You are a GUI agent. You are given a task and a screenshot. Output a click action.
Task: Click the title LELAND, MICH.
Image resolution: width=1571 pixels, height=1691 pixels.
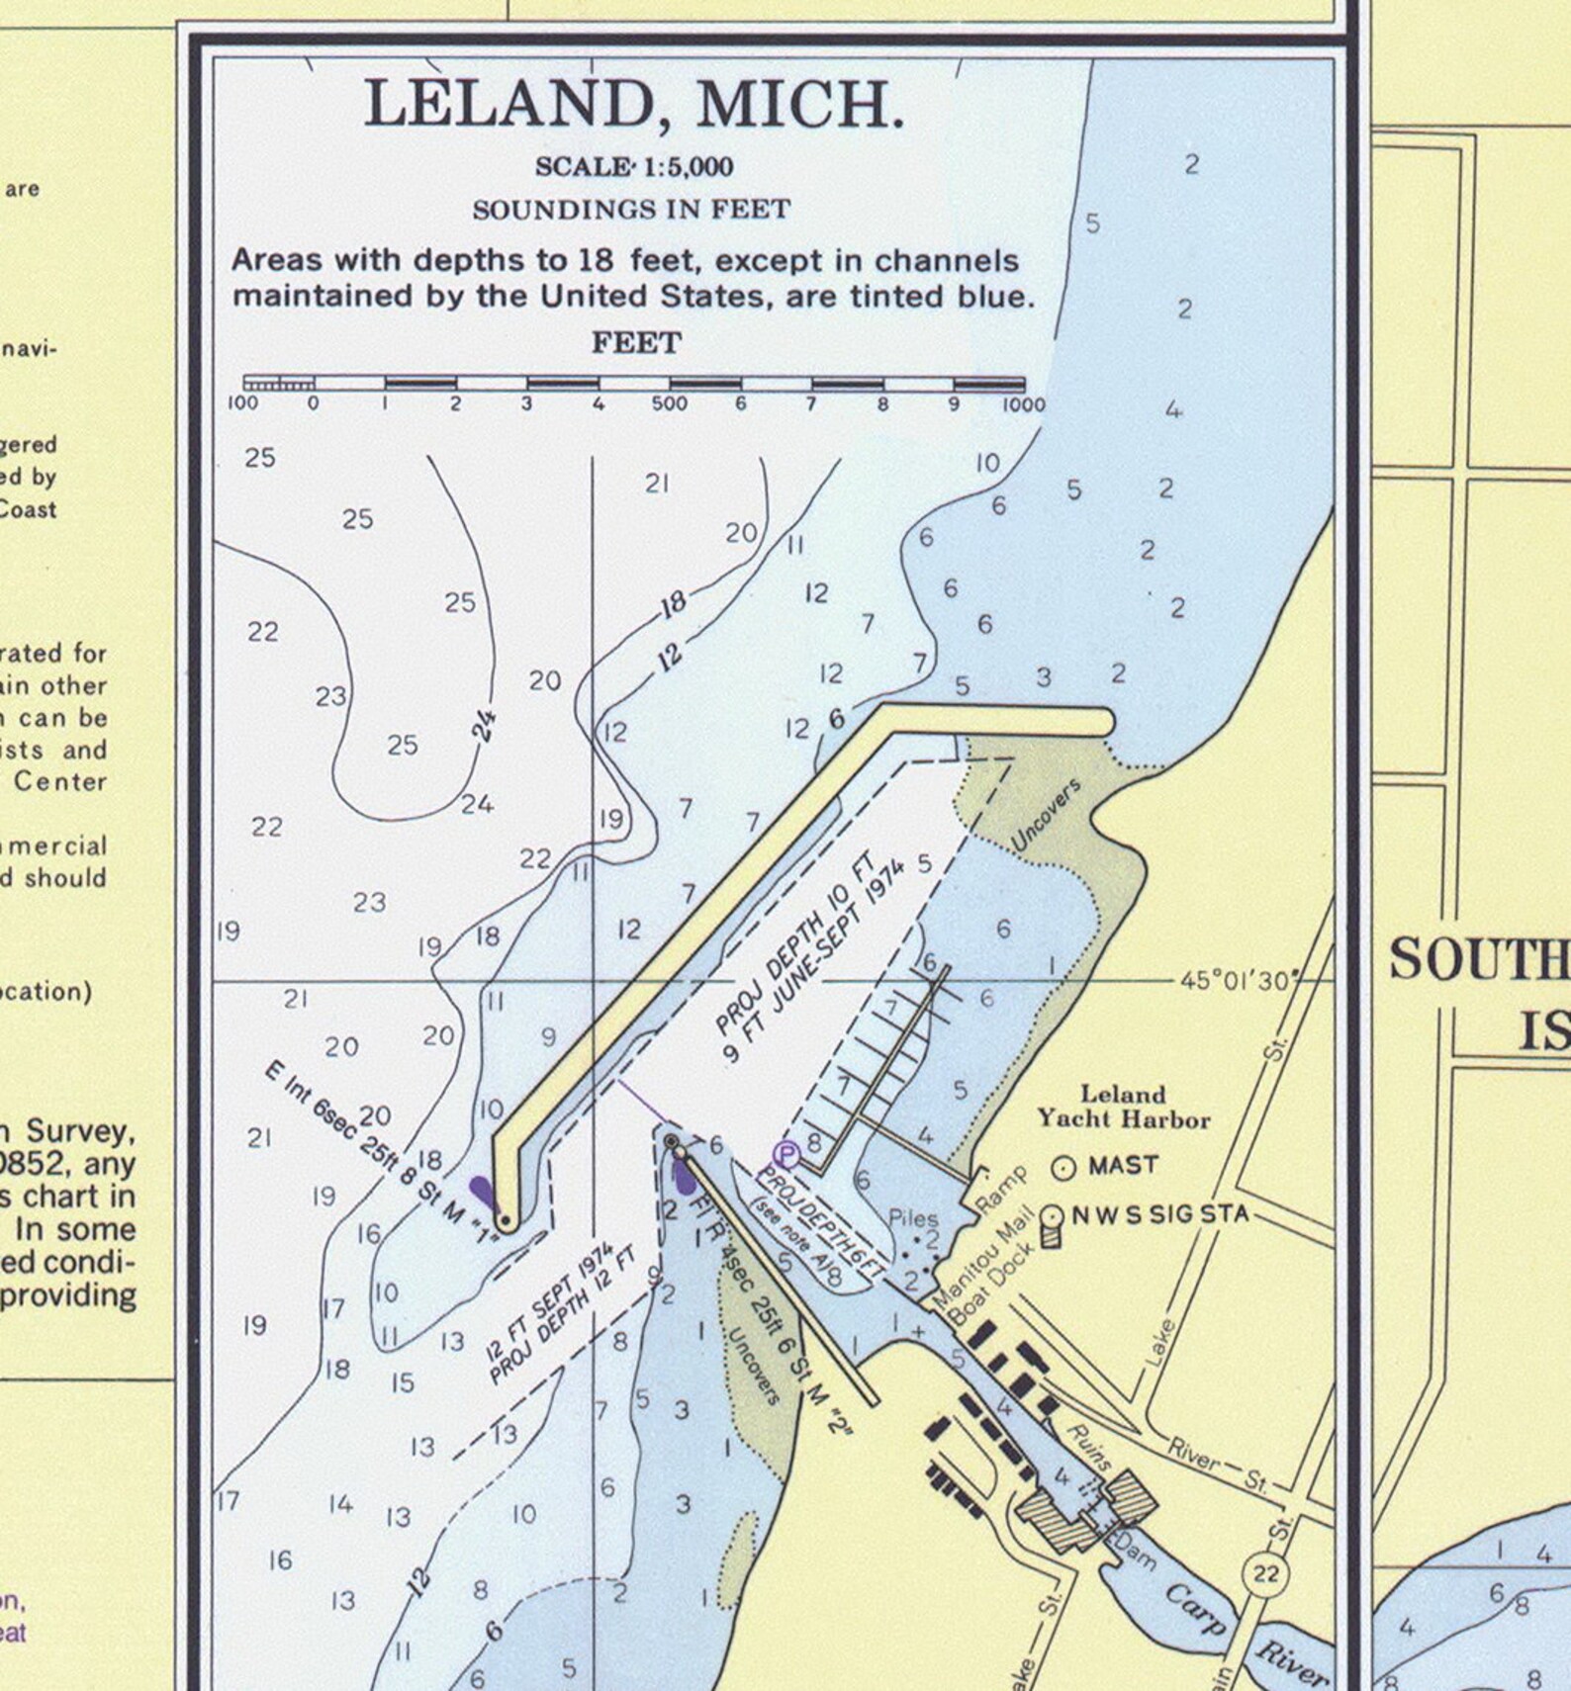point(634,105)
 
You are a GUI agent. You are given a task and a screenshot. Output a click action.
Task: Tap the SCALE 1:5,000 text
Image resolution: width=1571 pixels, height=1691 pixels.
point(634,167)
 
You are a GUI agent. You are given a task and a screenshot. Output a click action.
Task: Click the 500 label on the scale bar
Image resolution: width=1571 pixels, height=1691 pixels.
point(669,403)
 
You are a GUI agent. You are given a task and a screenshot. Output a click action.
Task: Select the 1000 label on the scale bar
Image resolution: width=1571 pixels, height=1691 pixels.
point(1023,403)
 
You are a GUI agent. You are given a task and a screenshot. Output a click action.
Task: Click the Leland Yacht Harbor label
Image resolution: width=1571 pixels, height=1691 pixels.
point(1123,1107)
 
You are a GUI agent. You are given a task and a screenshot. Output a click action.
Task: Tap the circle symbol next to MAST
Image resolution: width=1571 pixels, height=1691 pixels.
point(1063,1168)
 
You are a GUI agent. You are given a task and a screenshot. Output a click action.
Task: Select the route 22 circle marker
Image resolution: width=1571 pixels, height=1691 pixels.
point(1265,1573)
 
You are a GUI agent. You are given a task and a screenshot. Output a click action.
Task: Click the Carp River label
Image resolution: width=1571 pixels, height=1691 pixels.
point(1247,1627)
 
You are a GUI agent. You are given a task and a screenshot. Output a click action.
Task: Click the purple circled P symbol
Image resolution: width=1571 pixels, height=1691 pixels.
point(786,1153)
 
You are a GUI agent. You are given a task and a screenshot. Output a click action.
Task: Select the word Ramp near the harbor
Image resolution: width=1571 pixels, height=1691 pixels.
point(1001,1188)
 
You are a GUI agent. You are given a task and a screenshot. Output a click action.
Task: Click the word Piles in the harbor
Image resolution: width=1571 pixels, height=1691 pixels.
point(912,1218)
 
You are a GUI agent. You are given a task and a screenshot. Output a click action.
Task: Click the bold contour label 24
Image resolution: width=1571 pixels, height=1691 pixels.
point(484,727)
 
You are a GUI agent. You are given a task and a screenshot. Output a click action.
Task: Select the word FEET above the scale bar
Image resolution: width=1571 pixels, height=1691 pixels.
point(636,343)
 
